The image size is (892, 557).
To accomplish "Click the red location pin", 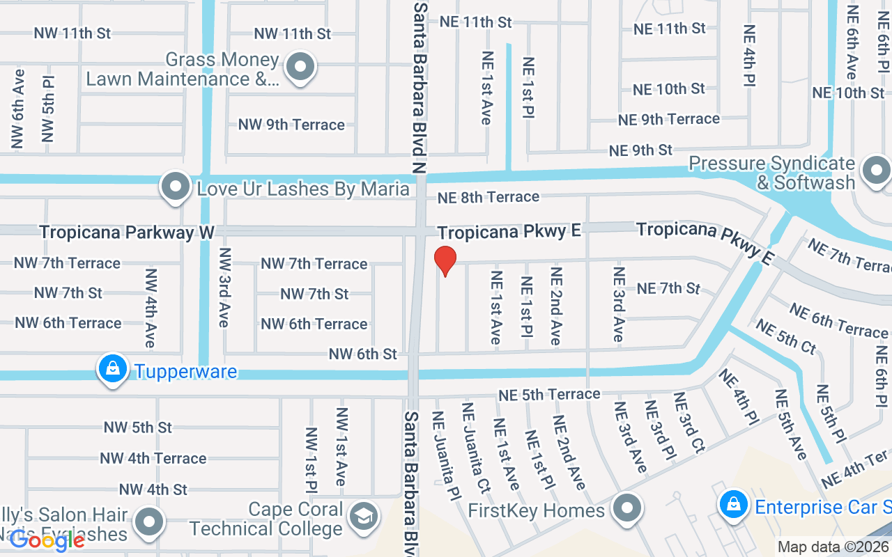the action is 445,260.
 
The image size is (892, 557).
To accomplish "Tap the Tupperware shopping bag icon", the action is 112,369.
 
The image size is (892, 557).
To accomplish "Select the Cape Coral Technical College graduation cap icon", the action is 363,517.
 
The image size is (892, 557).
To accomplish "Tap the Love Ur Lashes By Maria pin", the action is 175,187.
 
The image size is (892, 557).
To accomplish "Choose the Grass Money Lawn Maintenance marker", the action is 301,68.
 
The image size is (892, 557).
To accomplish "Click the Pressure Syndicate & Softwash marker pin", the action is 875,170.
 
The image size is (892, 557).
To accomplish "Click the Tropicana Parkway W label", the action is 126,232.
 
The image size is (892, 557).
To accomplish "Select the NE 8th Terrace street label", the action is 488,198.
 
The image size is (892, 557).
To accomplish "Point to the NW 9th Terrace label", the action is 291,125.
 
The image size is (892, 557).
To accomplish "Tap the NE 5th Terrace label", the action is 549,395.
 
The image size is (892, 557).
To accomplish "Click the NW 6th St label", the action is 362,354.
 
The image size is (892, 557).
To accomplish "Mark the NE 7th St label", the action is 668,288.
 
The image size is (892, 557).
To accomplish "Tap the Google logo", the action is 47,540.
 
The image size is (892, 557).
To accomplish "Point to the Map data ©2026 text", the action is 833,547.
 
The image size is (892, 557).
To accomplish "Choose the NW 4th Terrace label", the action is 153,458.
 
